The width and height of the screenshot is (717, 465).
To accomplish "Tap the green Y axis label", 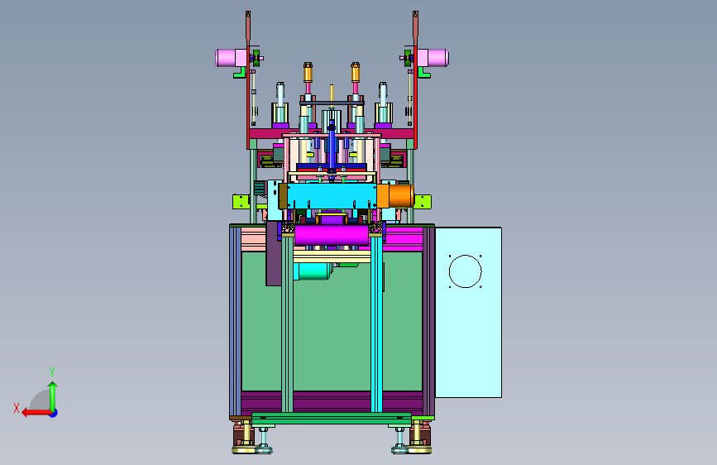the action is [x=52, y=372].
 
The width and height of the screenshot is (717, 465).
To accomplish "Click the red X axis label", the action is [x=17, y=408].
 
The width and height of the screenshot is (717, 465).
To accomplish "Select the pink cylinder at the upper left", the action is [x=232, y=58].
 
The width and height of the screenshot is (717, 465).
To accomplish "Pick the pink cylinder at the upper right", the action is [x=433, y=58].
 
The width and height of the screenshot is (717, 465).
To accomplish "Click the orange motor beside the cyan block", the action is [x=395, y=195].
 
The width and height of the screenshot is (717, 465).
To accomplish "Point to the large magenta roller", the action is [x=332, y=235].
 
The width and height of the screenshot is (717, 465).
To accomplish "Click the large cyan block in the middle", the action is [x=332, y=195].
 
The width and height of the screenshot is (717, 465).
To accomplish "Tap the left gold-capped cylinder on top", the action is [x=308, y=73].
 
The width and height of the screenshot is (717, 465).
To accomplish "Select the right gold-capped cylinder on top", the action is [x=356, y=73].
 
